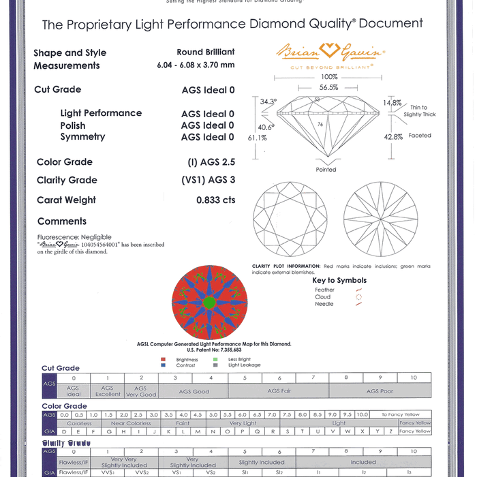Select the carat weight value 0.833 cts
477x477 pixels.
click(215, 200)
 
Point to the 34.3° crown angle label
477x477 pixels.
click(268, 102)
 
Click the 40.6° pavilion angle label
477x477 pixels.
click(266, 127)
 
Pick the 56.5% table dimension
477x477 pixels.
click(329, 88)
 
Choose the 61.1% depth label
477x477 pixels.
click(257, 138)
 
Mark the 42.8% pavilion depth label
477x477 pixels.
click(393, 136)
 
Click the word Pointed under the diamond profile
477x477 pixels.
click(326, 170)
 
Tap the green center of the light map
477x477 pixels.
click(209, 302)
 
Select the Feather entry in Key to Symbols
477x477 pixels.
click(324, 290)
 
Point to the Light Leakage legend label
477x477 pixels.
click(244, 365)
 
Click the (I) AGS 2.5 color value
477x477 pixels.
click(211, 162)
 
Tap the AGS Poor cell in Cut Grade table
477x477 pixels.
click(380, 392)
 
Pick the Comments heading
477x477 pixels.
click(62, 221)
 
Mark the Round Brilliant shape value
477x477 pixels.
click(205, 52)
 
